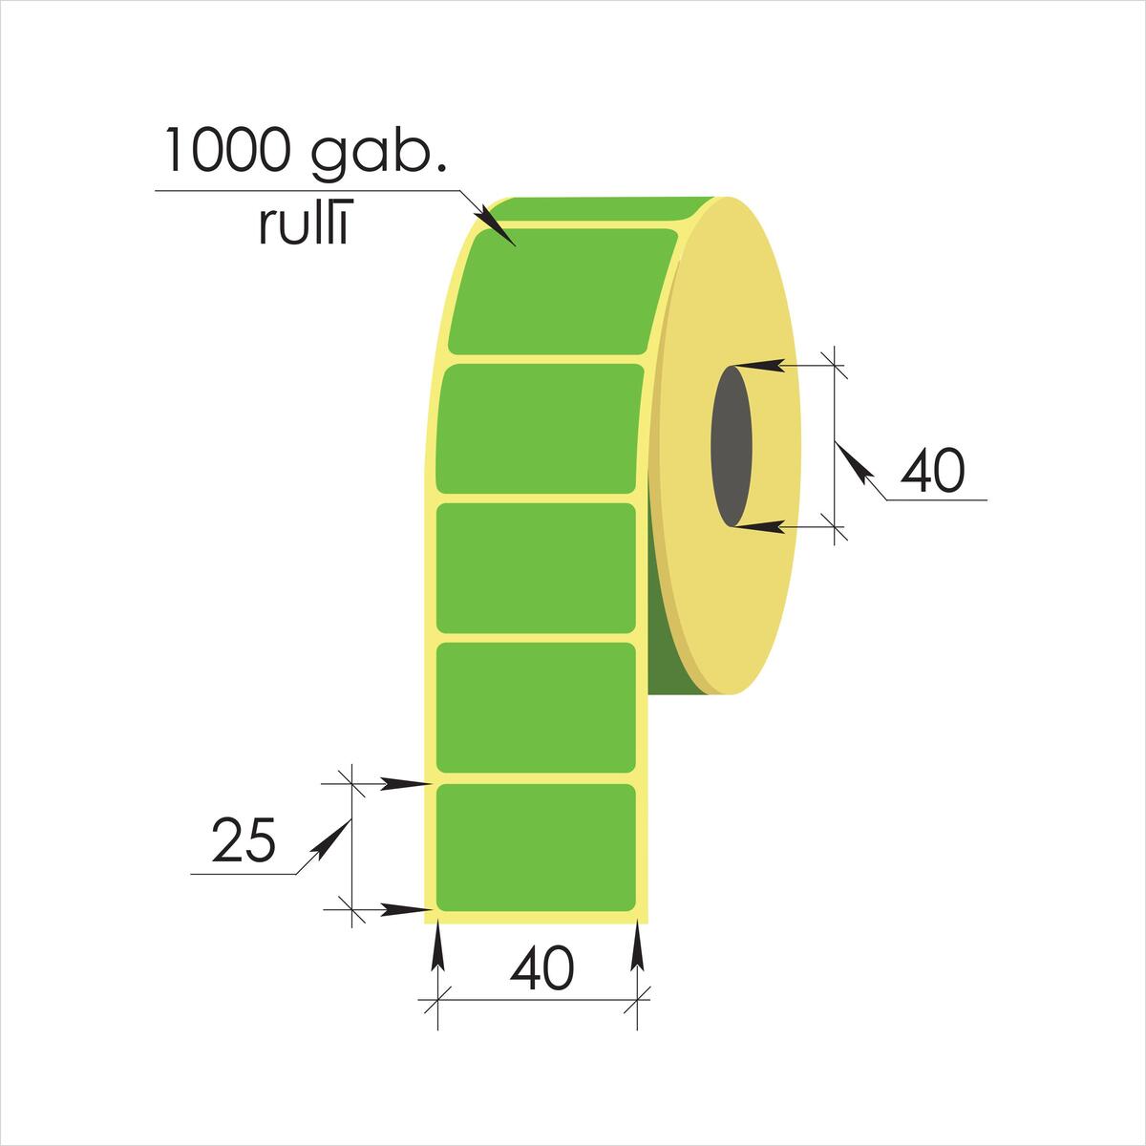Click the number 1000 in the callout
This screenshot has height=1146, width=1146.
(228, 150)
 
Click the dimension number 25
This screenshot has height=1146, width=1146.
(244, 839)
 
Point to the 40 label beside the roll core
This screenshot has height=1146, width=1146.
(932, 471)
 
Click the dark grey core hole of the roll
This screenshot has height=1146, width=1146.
(732, 446)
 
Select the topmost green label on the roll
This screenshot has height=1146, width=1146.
(562, 291)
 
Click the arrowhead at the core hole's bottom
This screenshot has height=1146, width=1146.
(757, 525)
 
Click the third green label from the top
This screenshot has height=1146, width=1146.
(536, 568)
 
